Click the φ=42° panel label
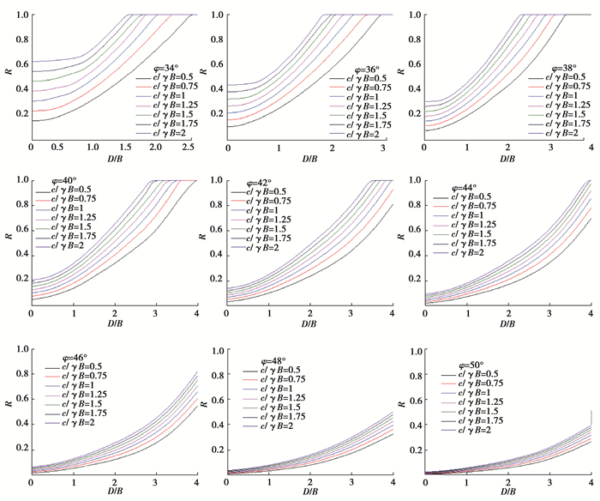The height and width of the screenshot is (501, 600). [x=259, y=182]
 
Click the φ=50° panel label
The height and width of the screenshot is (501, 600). [x=462, y=363]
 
